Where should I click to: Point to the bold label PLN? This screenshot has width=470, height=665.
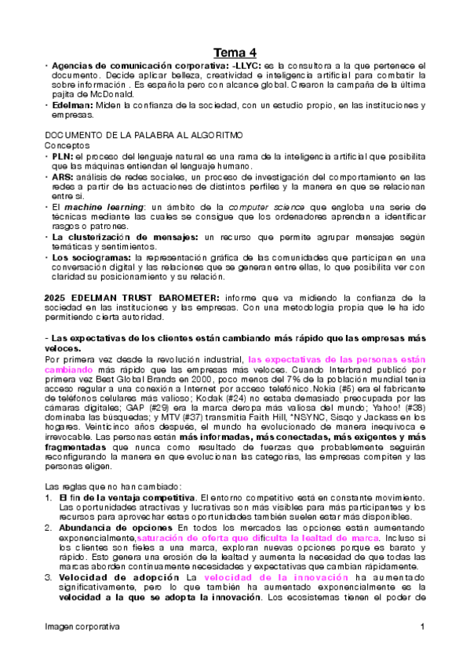click(63, 157)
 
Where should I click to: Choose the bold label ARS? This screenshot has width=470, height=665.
click(64, 177)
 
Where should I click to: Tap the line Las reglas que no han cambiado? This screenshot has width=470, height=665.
click(114, 486)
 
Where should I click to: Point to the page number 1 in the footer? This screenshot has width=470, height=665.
click(422, 627)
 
